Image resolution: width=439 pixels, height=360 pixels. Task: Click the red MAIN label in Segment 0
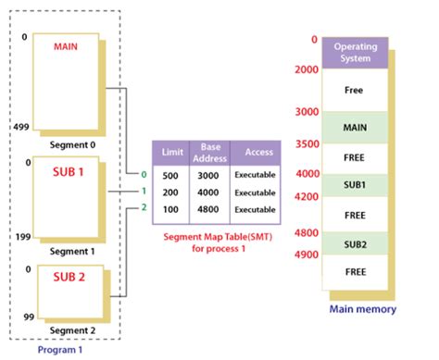66,44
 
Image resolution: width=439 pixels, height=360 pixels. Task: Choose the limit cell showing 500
171,175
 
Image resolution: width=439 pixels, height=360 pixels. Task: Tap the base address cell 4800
207,209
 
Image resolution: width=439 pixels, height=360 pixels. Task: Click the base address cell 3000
207,175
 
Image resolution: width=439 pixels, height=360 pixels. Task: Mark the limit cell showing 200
171,192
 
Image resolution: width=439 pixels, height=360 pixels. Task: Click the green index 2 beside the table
144,207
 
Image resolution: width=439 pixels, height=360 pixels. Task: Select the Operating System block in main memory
354,53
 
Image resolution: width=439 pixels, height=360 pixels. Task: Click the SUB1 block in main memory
354,184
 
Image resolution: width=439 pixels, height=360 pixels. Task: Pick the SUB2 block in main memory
354,243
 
